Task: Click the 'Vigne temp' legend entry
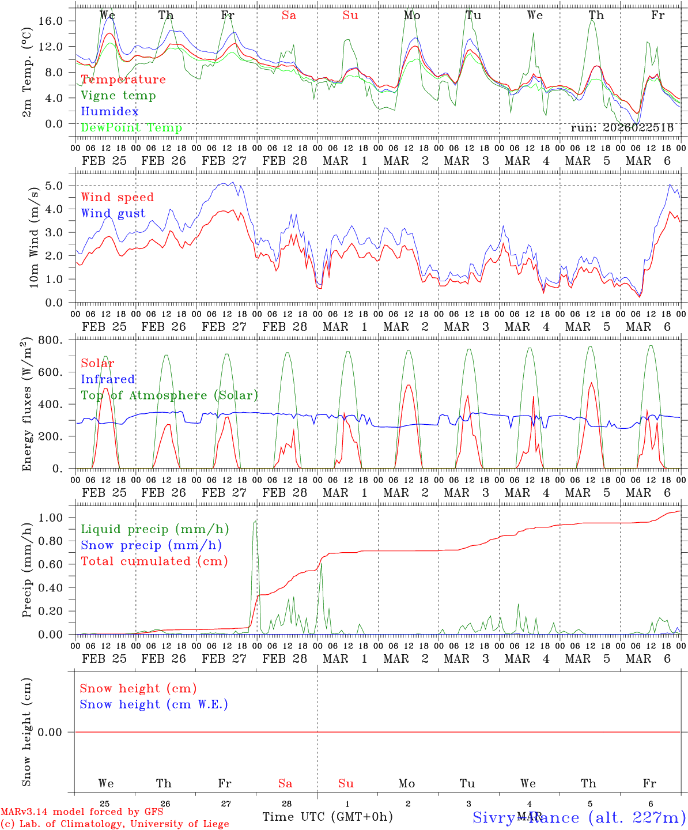(118, 96)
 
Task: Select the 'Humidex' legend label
(109, 111)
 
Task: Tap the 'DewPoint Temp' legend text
(131, 127)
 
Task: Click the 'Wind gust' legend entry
(113, 213)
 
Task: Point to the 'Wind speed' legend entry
(117, 197)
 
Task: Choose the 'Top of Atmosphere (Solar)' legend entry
(169, 395)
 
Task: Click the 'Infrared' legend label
(108, 379)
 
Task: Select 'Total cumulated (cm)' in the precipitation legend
(154, 561)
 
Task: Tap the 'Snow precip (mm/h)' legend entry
(151, 545)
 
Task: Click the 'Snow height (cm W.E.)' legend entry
(153, 704)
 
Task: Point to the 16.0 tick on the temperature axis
(50, 21)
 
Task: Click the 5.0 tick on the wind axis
(54, 186)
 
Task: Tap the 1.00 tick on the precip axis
(50, 518)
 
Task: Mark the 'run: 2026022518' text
(622, 128)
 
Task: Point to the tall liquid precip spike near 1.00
(255, 522)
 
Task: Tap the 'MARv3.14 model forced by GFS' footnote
(81, 812)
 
